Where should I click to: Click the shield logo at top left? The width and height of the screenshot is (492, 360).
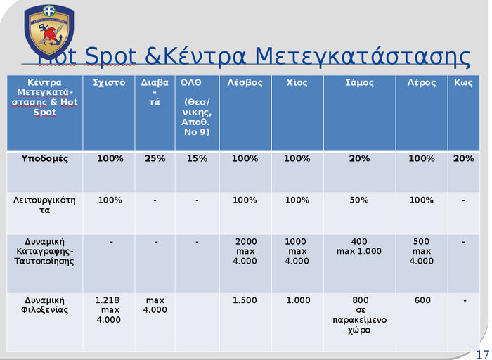pos(48,32)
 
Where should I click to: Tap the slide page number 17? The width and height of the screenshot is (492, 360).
pos(482,354)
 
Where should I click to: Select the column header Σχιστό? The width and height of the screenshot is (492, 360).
pos(109,83)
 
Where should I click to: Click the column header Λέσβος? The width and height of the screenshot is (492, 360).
pos(245,83)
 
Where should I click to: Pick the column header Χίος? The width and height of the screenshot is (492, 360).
pos(297,83)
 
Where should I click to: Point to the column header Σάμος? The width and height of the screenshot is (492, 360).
pos(359,83)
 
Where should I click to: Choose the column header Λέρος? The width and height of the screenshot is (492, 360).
pos(422,83)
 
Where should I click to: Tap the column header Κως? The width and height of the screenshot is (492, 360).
pos(463,83)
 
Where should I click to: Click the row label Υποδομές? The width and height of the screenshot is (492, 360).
pos(45,158)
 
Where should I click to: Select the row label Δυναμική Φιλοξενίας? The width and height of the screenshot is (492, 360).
pos(45,305)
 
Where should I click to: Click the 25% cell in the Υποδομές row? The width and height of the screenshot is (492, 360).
pos(155,158)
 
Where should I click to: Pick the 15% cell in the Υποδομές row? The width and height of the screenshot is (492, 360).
pos(197,158)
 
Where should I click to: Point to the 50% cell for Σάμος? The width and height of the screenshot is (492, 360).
pos(359,200)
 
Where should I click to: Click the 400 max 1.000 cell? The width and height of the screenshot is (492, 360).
pos(359,247)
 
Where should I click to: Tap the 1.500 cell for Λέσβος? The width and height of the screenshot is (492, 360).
pos(245,300)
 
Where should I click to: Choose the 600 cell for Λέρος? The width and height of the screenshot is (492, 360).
pos(422,300)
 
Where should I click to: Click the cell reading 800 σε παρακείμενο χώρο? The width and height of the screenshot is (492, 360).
pos(359,315)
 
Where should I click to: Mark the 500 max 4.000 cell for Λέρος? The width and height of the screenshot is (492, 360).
pos(422,252)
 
